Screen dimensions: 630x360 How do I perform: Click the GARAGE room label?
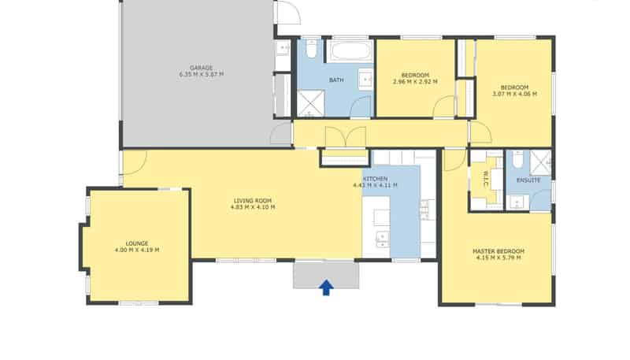[202, 68]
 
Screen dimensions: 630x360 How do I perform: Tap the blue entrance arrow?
[326, 288]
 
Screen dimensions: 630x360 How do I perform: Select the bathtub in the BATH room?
[350, 50]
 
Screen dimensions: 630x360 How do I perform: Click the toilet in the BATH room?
[311, 49]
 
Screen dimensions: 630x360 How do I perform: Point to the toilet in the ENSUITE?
[517, 159]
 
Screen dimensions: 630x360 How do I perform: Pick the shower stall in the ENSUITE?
[540, 163]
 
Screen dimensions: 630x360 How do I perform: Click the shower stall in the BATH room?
[310, 103]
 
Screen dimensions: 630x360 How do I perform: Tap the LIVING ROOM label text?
[253, 201]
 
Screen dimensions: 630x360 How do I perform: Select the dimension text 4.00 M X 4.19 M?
[136, 250]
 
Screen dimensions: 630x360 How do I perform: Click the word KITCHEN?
[376, 179]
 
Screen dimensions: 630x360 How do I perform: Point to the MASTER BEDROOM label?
[498, 251]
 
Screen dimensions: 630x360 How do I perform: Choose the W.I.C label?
[486, 179]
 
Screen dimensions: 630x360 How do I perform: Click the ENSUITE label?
[528, 180]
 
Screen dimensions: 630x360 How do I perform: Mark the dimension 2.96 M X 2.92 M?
[415, 82]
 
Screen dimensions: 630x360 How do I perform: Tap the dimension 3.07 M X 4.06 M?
[515, 94]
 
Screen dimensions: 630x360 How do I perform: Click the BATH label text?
[336, 80]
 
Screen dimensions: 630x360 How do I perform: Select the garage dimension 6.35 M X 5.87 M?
[202, 74]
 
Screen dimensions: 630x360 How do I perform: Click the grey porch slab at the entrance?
[326, 274]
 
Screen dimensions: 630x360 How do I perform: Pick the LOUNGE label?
[137, 243]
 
